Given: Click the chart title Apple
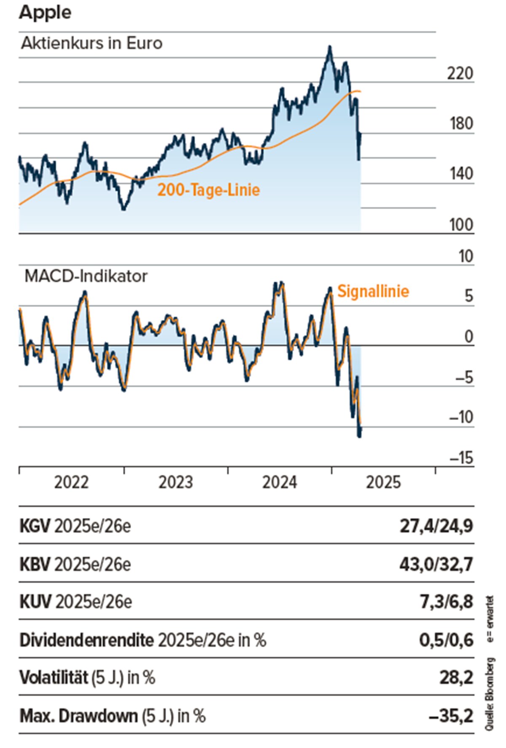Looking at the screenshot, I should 45,12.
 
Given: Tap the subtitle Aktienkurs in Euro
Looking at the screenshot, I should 92,43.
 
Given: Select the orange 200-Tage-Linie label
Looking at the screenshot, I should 209,190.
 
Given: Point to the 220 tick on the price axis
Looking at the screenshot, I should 460,74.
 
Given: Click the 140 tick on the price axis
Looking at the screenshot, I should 461,174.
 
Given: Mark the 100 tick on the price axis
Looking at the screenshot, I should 461,225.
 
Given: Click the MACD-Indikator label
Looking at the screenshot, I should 86,276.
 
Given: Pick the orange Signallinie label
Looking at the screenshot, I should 373,291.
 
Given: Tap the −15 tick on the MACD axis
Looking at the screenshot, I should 461,458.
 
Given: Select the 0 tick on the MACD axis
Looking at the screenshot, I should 468,337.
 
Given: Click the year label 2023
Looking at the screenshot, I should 175,482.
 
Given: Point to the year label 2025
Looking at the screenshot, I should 383,482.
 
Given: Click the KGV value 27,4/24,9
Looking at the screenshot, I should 436,526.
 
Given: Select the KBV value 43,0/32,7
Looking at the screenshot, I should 436,564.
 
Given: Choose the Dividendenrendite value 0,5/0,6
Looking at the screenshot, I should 446,640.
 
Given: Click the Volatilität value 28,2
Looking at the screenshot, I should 456,678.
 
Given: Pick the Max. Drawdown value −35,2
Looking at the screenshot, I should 451,716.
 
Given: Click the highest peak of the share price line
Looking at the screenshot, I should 330,46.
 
